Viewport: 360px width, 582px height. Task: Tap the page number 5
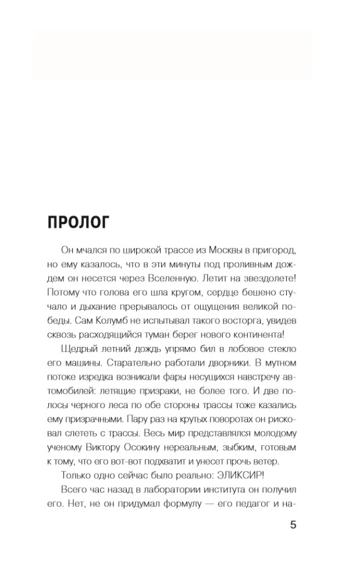(x=293, y=525)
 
